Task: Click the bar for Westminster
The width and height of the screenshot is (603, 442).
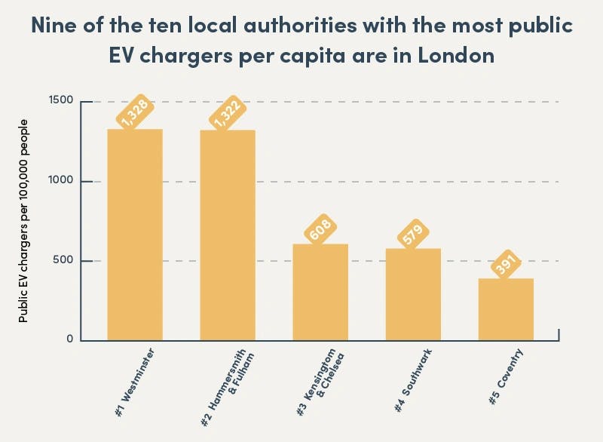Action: tap(135, 235)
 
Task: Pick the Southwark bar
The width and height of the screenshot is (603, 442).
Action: tap(413, 294)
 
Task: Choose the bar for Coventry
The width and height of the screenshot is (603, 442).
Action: tap(506, 309)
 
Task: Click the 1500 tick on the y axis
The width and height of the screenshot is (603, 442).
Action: tap(61, 101)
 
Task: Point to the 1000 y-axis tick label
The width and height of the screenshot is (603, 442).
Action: tap(61, 181)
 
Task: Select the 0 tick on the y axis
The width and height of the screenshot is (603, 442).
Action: tap(70, 339)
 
